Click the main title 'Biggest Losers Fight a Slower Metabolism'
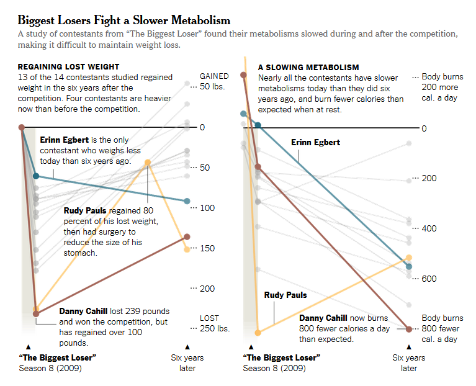pos(124,20)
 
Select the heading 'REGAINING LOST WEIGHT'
pos(68,67)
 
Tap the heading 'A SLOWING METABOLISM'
pos(308,67)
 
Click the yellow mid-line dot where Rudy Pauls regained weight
pos(148,163)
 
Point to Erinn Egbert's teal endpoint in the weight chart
pos(187,201)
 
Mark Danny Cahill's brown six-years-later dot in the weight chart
pos(187,236)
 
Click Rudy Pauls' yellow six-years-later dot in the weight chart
pos(187,249)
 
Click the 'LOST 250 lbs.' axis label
pos(212,323)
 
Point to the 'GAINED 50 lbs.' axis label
pos(213,81)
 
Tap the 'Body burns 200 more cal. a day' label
pos(442,87)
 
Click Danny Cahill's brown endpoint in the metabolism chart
pos(408,329)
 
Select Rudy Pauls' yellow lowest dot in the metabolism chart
pos(258,333)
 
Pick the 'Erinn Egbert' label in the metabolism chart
pos(316,143)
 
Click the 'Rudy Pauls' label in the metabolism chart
pos(285,295)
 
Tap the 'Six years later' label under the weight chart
pos(187,363)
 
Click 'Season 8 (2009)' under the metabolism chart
pos(274,368)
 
